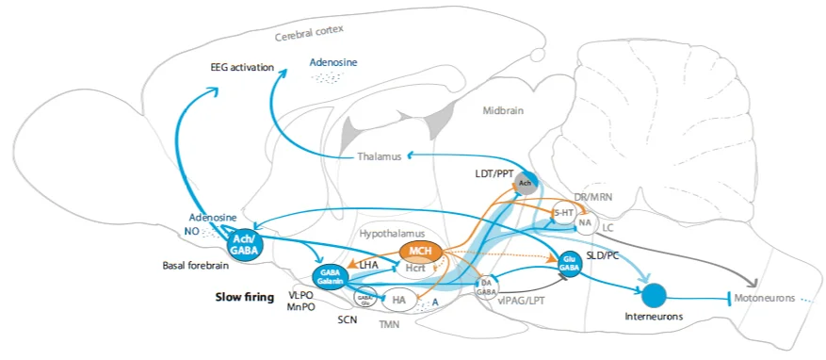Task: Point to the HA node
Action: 398,300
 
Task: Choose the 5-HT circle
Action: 564,213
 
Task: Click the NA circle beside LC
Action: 586,223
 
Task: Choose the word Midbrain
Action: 507,110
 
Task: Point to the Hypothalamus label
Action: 393,233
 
